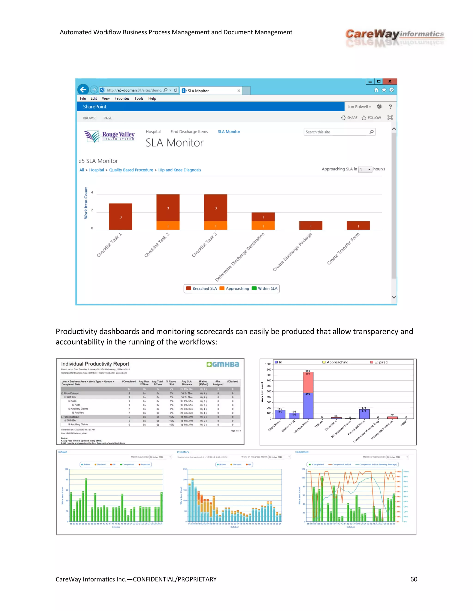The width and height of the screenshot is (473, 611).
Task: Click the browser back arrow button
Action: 83,89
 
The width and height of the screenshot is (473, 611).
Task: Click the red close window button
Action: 389,81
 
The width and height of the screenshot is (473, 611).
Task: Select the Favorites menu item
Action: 122,98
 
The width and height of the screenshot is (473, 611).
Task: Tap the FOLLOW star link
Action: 371,118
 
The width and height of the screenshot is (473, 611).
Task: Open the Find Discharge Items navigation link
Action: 189,132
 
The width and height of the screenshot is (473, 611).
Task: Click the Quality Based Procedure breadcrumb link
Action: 131,170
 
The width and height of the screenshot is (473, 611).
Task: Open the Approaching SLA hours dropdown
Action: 365,169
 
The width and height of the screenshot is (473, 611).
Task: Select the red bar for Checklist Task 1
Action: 121,217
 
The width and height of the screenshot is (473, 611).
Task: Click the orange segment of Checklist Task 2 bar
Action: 168,226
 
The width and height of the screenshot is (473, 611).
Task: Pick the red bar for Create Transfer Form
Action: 358,226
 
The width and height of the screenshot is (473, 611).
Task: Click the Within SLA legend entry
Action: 265,288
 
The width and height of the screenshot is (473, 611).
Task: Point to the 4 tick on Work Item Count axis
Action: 92,193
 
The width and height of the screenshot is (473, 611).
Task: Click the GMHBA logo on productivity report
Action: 223,364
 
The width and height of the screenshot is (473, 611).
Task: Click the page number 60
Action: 414,579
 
